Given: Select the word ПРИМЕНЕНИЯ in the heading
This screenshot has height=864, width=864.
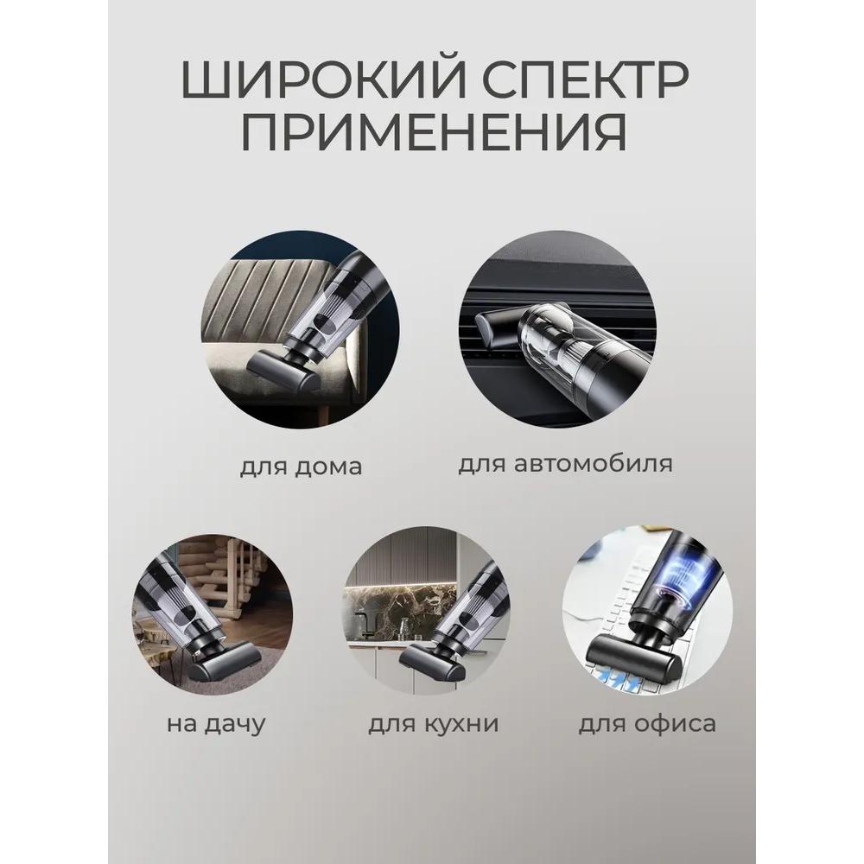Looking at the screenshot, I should (432, 135).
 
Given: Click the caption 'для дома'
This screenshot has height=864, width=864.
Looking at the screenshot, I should (301, 467).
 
